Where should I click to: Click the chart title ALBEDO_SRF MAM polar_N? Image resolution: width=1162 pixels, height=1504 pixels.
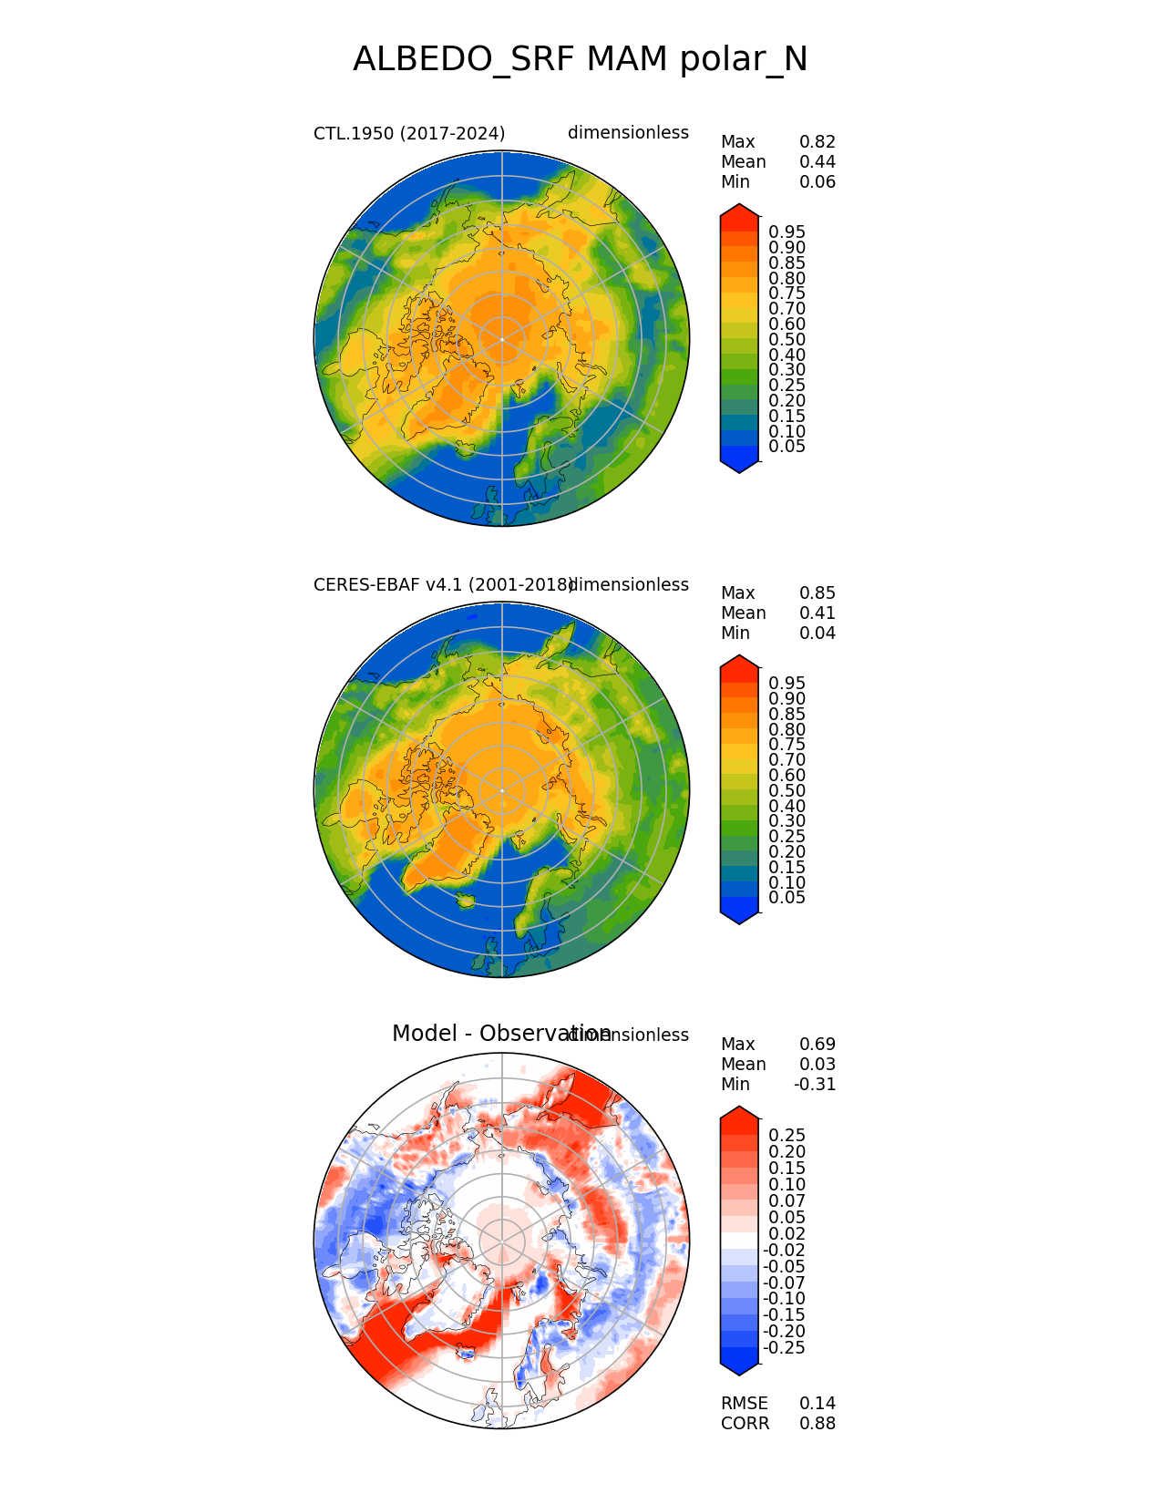[580, 60]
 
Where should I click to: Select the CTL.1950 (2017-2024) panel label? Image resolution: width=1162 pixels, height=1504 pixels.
[409, 133]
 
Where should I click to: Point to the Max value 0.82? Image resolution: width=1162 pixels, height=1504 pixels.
[817, 142]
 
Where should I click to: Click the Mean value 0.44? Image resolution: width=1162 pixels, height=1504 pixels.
[817, 162]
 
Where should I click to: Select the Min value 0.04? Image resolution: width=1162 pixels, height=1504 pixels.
[817, 634]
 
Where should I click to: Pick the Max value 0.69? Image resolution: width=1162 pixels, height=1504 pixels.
[817, 1045]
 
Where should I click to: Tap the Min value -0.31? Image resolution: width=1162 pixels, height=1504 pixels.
[815, 1085]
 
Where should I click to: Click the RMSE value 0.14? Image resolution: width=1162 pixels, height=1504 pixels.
[817, 1404]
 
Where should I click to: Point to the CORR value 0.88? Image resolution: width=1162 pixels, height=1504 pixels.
[817, 1424]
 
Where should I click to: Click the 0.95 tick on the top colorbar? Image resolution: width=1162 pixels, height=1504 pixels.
[787, 232]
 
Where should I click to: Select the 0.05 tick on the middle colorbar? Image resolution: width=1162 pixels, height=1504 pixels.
[787, 898]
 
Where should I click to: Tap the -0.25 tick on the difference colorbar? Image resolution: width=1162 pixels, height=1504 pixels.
[784, 1348]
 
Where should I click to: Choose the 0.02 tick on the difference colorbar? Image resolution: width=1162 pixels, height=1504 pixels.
[787, 1234]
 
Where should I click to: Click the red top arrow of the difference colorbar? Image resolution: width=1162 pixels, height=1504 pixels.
[739, 1115]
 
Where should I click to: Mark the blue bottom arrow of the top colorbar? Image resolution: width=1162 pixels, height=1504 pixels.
[739, 466]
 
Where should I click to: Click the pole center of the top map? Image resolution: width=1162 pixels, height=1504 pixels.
[502, 339]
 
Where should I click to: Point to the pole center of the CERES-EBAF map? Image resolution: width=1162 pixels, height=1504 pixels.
[502, 790]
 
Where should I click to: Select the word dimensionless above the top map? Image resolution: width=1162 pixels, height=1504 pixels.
[628, 133]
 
